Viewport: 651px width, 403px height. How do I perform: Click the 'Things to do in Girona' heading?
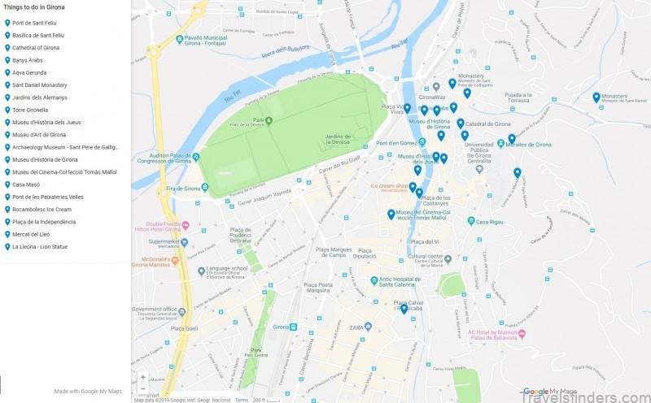coord(34,6)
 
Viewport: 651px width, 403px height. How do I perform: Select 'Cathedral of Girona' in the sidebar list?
coord(36,48)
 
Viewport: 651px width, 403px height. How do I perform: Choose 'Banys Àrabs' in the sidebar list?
coord(29,60)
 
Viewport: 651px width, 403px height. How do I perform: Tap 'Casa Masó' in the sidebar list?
coord(26,184)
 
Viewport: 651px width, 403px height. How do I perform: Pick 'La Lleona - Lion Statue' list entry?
coord(40,246)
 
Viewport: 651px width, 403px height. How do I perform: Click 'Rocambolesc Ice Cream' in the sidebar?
coord(42,209)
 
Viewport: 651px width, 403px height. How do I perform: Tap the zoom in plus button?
coord(143,377)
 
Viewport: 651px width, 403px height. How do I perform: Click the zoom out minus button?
coord(143,388)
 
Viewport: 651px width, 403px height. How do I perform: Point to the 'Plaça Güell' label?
coord(161,327)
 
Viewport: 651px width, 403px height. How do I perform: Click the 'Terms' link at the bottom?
coord(242,400)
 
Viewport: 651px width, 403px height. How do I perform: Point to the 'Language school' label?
coord(227,268)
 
